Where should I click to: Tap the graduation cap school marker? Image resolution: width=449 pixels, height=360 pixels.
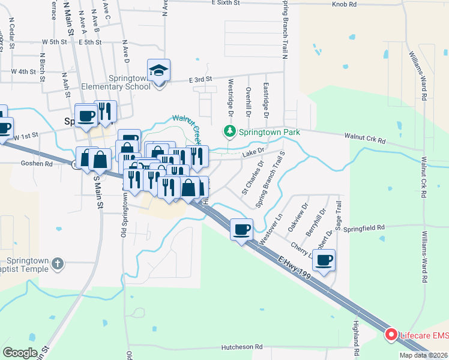[158, 71]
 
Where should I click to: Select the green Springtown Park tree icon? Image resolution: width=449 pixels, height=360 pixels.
[229, 130]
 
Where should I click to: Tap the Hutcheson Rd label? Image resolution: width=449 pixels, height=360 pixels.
[242, 347]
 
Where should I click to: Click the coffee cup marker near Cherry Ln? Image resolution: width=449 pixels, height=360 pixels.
[324, 260]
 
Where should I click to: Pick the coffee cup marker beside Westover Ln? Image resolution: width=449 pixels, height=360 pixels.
[242, 230]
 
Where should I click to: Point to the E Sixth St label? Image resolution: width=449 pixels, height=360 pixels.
[226, 3]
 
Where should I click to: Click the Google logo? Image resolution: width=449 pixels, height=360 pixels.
[20, 353]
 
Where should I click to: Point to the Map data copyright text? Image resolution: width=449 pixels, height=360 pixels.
[423, 355]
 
